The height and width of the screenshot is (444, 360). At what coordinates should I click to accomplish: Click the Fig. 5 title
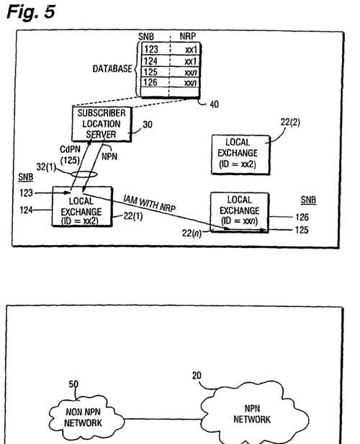click(x=31, y=12)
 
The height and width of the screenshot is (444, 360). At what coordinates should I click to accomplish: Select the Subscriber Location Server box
click(x=102, y=124)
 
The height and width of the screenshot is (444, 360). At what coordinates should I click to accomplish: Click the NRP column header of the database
click(x=187, y=36)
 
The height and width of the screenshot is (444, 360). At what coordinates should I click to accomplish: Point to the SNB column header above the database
click(x=146, y=37)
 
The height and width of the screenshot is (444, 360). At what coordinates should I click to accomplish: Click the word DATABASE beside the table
click(x=112, y=68)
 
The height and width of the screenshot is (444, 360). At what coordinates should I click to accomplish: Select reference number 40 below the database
click(x=214, y=105)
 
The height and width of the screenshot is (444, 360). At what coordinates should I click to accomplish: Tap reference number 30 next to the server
click(x=148, y=125)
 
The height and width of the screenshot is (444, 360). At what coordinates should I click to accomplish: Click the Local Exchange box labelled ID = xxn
click(x=240, y=212)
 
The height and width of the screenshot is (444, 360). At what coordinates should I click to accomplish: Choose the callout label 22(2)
click(x=290, y=122)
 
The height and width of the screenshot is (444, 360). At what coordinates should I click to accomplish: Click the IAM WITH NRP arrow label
click(x=149, y=203)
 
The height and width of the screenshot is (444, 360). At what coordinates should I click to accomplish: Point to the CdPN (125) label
click(x=70, y=154)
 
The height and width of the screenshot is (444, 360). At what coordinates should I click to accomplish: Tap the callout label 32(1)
click(x=46, y=167)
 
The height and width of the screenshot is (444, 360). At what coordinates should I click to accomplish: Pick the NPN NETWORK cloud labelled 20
click(x=254, y=414)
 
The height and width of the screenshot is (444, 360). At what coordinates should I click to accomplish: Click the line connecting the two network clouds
click(x=163, y=419)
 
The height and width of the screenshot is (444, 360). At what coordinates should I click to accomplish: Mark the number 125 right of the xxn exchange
click(x=302, y=230)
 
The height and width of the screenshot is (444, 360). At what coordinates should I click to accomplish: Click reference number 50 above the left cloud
click(x=73, y=384)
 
